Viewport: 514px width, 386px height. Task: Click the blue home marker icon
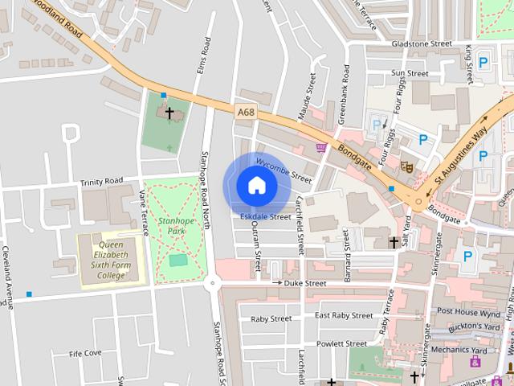pos(257,185)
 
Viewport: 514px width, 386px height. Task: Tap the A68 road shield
pos(247,114)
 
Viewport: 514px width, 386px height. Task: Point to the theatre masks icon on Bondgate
pos(406,167)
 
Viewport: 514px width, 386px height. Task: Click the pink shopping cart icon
pos(322,148)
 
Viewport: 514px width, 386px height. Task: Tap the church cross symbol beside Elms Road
pos(169,113)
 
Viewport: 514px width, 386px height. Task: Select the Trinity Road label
pos(101,182)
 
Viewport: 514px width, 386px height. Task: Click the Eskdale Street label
pos(265,216)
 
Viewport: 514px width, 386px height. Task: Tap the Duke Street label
pos(305,283)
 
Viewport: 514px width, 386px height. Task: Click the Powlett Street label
pos(341,343)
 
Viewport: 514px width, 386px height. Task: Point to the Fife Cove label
pos(85,353)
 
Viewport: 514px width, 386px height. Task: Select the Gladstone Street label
pos(422,43)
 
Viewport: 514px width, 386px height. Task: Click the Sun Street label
pos(410,73)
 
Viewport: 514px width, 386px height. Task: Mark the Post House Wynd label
pos(469,312)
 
